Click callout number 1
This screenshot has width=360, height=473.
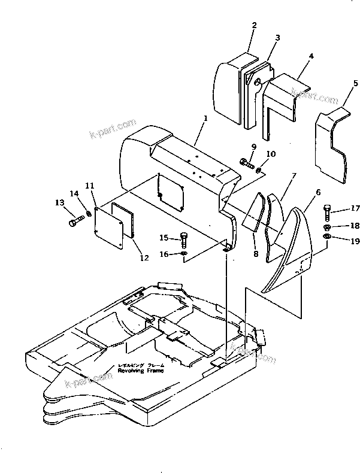click(205, 119)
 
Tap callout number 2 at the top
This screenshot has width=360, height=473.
click(254, 26)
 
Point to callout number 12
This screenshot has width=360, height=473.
click(144, 258)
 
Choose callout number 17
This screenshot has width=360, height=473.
click(355, 209)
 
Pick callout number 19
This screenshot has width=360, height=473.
click(355, 241)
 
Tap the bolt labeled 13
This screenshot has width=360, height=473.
click(76, 223)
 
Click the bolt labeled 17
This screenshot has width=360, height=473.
click(326, 212)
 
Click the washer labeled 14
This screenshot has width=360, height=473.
click(88, 214)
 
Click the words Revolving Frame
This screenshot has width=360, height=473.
click(132, 370)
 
